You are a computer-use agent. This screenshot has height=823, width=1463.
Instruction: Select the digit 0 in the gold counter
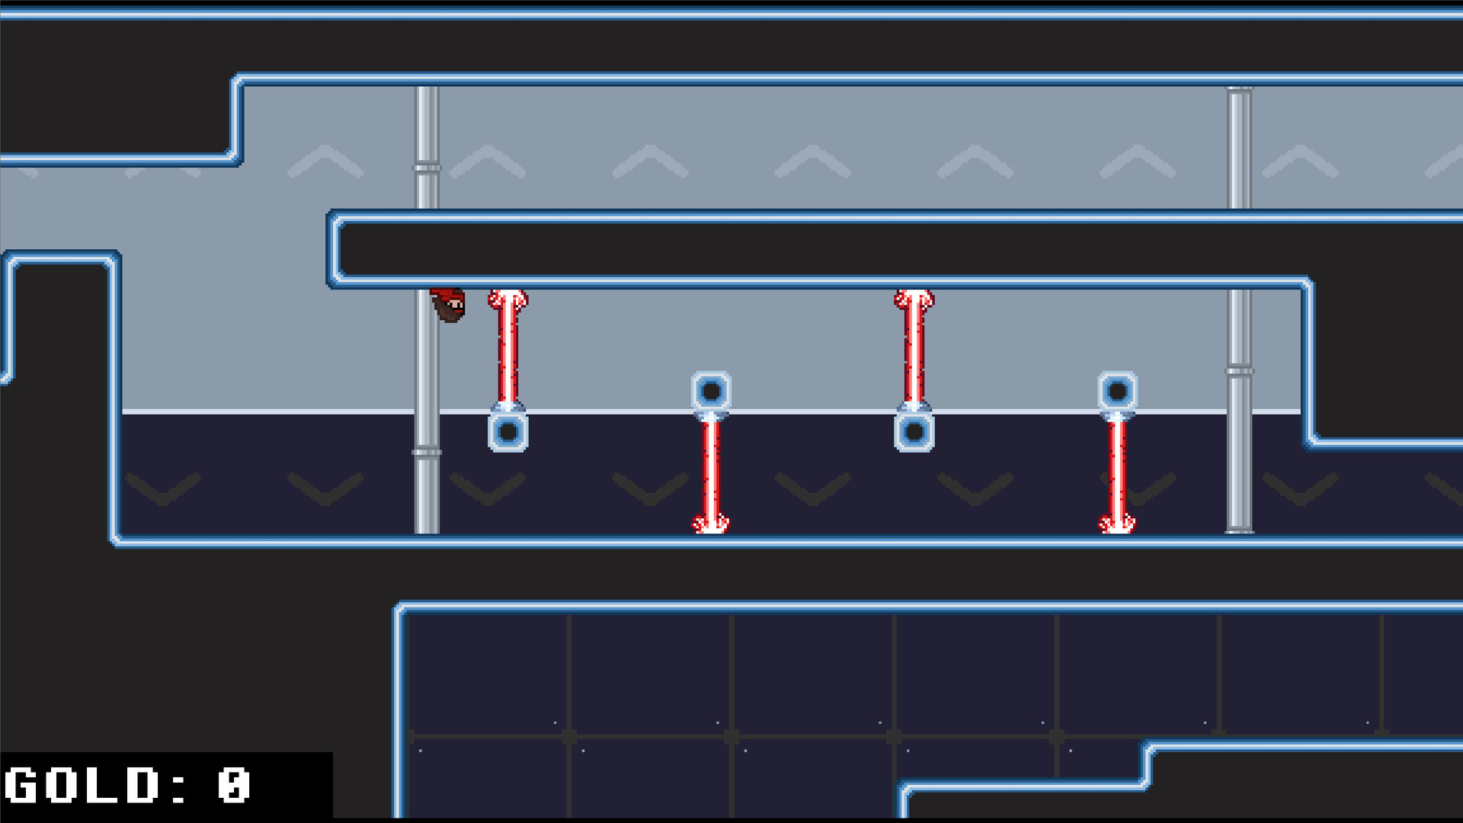click(x=233, y=786)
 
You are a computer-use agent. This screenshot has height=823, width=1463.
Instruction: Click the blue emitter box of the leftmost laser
click(x=508, y=432)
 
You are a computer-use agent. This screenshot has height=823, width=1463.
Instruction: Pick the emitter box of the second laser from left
click(x=711, y=392)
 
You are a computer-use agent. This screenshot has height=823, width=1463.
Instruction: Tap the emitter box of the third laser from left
click(x=914, y=432)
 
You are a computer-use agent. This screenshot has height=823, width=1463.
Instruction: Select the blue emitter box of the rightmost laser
click(x=1117, y=392)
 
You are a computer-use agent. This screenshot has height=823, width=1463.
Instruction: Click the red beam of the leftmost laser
click(x=508, y=351)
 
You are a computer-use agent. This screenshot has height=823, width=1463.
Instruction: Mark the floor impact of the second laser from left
click(x=711, y=525)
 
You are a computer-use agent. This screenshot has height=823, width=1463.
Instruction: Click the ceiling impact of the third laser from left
click(x=914, y=298)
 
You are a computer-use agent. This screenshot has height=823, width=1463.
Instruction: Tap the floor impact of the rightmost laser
click(x=1117, y=525)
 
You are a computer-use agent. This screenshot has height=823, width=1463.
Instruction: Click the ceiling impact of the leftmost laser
click(x=508, y=298)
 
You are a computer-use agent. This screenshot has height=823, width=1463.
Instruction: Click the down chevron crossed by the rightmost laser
click(x=1139, y=488)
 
